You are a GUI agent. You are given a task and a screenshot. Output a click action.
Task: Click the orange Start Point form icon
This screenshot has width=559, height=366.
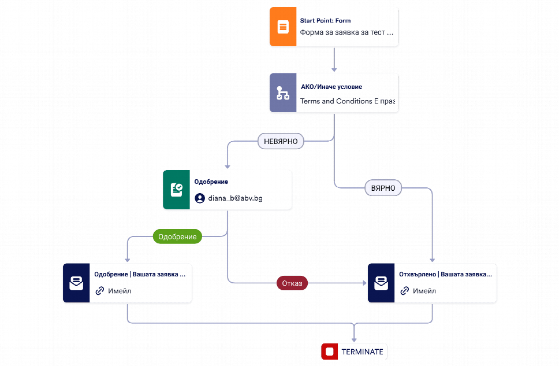(283, 27)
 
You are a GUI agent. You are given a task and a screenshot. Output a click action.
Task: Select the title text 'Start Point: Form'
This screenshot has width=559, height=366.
(325, 21)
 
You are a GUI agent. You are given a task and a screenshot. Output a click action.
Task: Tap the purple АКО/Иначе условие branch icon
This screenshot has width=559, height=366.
(283, 93)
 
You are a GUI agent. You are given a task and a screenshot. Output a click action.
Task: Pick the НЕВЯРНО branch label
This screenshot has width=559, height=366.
(281, 141)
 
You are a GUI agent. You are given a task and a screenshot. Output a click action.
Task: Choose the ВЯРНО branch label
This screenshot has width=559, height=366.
(383, 188)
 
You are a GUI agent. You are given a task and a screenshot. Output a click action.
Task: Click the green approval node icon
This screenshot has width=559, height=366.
(176, 190)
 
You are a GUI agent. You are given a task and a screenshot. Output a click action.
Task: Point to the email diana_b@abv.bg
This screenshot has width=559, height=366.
(235, 198)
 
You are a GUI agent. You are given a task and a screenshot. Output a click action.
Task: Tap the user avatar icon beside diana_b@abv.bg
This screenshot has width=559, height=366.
(200, 198)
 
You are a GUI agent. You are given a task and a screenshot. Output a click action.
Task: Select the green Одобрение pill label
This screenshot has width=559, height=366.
(177, 236)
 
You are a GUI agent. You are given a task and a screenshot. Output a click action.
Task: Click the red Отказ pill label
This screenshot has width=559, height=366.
(292, 283)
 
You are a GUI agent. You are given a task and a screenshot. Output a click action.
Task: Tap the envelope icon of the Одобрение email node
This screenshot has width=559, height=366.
(76, 283)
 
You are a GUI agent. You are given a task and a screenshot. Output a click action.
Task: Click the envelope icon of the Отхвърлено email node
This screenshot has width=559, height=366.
(381, 283)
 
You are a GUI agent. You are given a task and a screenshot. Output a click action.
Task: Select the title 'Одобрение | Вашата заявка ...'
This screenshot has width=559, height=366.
(140, 274)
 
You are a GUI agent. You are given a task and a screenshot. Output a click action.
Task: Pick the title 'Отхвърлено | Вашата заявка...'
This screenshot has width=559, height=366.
(445, 274)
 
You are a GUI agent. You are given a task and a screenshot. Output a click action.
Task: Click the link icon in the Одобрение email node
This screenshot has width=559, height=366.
(100, 291)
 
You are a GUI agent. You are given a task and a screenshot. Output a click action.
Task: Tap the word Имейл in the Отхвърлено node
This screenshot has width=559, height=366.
(424, 291)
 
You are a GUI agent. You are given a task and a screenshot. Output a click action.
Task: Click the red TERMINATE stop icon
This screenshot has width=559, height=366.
(329, 352)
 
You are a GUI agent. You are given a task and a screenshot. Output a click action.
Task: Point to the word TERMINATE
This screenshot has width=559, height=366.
(362, 352)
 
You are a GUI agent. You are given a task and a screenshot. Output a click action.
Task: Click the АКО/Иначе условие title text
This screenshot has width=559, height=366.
(331, 87)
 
